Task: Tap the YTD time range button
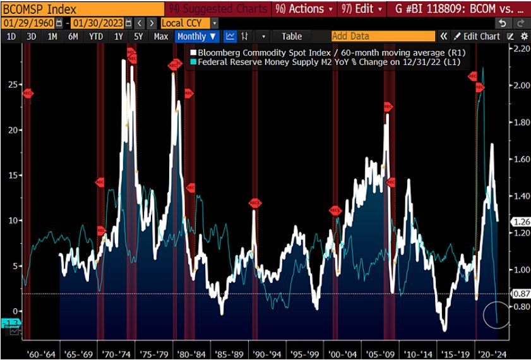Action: (96, 37)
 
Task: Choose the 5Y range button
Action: (138, 37)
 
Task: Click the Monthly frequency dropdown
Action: (197, 37)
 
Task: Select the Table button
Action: (292, 37)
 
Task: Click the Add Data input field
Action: (383, 37)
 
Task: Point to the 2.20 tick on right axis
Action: (521, 49)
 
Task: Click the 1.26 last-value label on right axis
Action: (520, 222)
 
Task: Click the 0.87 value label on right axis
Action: (520, 294)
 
